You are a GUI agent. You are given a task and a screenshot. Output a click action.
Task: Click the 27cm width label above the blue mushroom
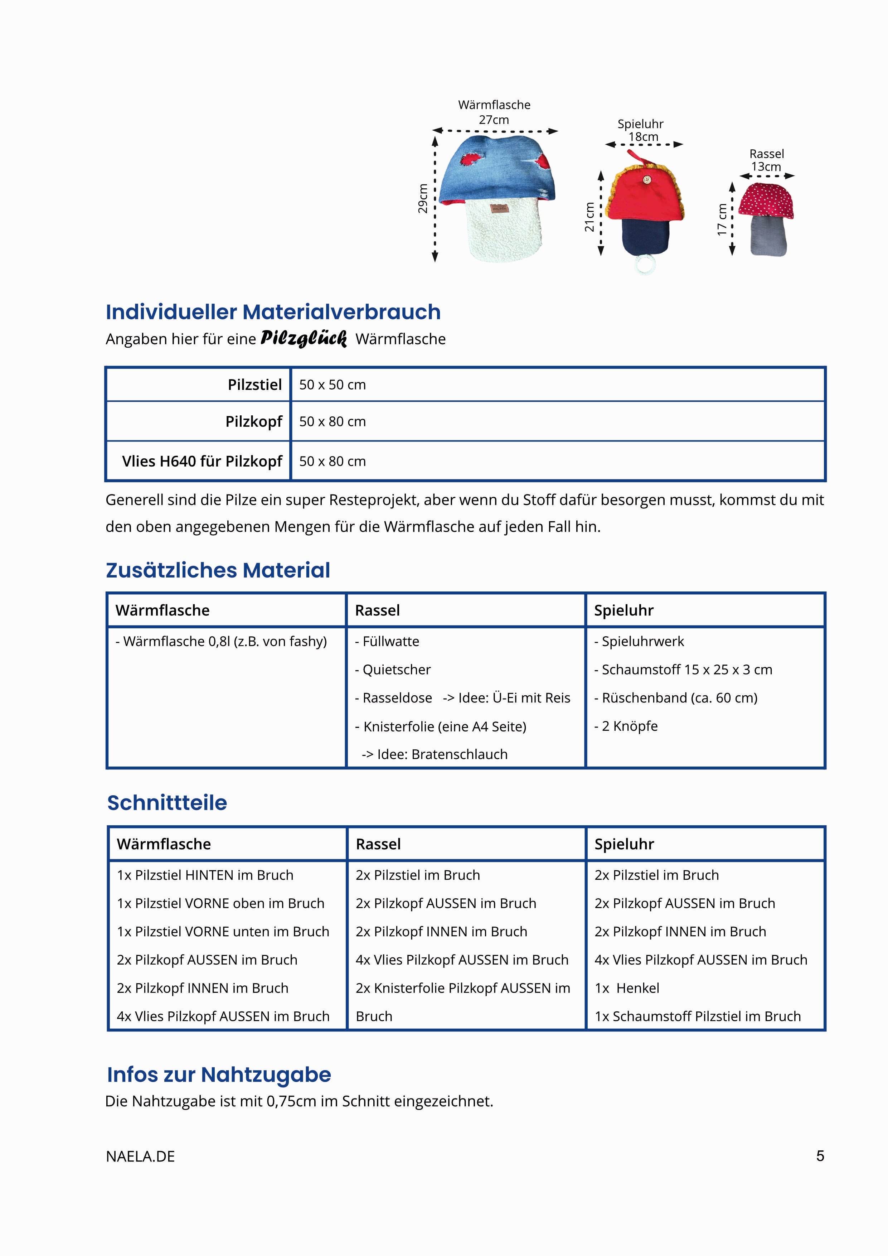coord(494,120)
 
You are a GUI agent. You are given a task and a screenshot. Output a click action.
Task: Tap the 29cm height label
coord(423,199)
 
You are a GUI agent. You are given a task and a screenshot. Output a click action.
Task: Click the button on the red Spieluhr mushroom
coord(647,179)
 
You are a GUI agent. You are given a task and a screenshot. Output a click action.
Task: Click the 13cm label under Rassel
coord(766,167)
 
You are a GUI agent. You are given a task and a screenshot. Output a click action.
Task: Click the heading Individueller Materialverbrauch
coord(273,312)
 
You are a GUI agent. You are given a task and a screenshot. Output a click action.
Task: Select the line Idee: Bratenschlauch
coord(435,754)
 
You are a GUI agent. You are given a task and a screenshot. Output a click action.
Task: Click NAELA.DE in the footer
coord(141,1156)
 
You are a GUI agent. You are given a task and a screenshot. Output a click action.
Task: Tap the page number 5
coord(820,1156)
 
